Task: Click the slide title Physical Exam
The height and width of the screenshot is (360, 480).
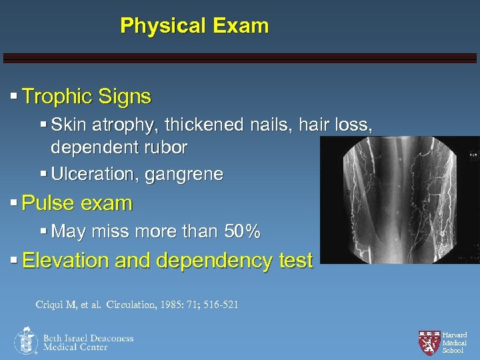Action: [x=194, y=26]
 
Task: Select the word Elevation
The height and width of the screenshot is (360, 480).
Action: [x=65, y=261]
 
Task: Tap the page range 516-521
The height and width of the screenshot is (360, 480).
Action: [x=218, y=305]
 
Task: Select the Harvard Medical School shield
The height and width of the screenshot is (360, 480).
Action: [x=429, y=341]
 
